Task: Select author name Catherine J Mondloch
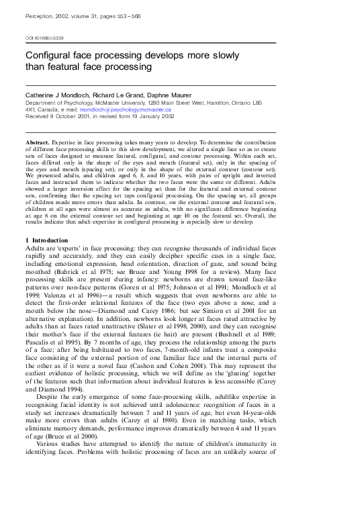pos(58,95)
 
